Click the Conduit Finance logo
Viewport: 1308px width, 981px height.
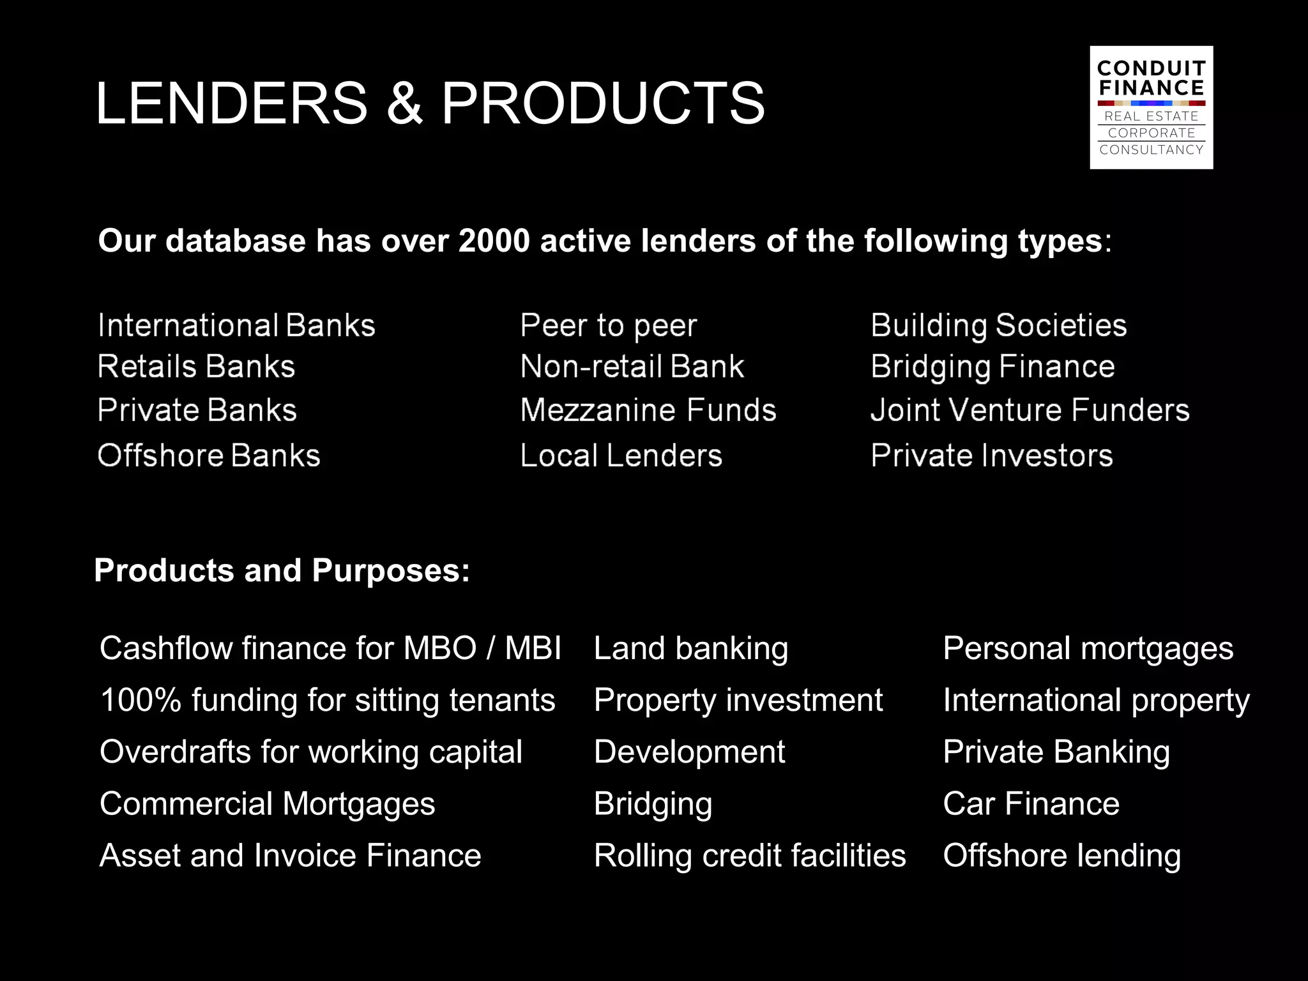(x=1151, y=107)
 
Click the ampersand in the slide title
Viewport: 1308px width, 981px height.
(x=404, y=103)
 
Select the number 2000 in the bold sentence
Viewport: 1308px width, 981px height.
(x=494, y=241)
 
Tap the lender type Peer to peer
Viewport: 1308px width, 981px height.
(x=608, y=326)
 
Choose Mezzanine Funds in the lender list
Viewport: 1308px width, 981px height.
(x=648, y=410)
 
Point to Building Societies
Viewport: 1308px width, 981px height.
(x=998, y=326)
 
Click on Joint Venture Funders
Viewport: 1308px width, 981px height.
(x=1030, y=410)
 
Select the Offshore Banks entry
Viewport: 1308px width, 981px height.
(x=209, y=456)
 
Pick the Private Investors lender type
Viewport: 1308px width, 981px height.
(x=991, y=456)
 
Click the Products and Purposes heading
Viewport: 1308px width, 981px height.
(x=282, y=570)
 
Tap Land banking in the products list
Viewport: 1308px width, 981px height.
(x=690, y=649)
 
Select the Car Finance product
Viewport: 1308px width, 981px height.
(x=1031, y=803)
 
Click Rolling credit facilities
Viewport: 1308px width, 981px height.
(x=749, y=856)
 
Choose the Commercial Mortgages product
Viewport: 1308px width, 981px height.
(x=267, y=803)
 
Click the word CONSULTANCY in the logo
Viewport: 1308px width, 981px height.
(x=1151, y=150)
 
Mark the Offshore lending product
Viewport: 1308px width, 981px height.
(x=1061, y=856)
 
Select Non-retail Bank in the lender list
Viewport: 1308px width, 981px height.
(x=632, y=367)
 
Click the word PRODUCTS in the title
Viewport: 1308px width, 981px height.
(x=602, y=103)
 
